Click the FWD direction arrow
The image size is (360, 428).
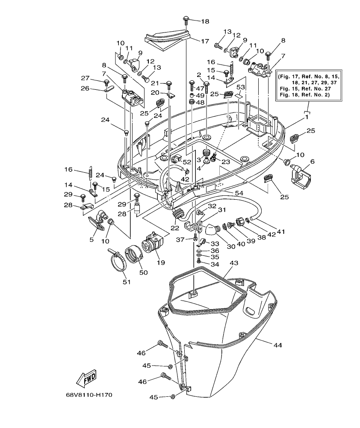click(x=86, y=378)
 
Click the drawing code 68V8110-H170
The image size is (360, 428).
click(x=89, y=395)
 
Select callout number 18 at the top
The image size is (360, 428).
click(x=205, y=21)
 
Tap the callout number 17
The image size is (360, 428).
click(x=205, y=41)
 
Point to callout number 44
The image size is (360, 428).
click(x=277, y=345)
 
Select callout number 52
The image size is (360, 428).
click(x=187, y=162)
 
